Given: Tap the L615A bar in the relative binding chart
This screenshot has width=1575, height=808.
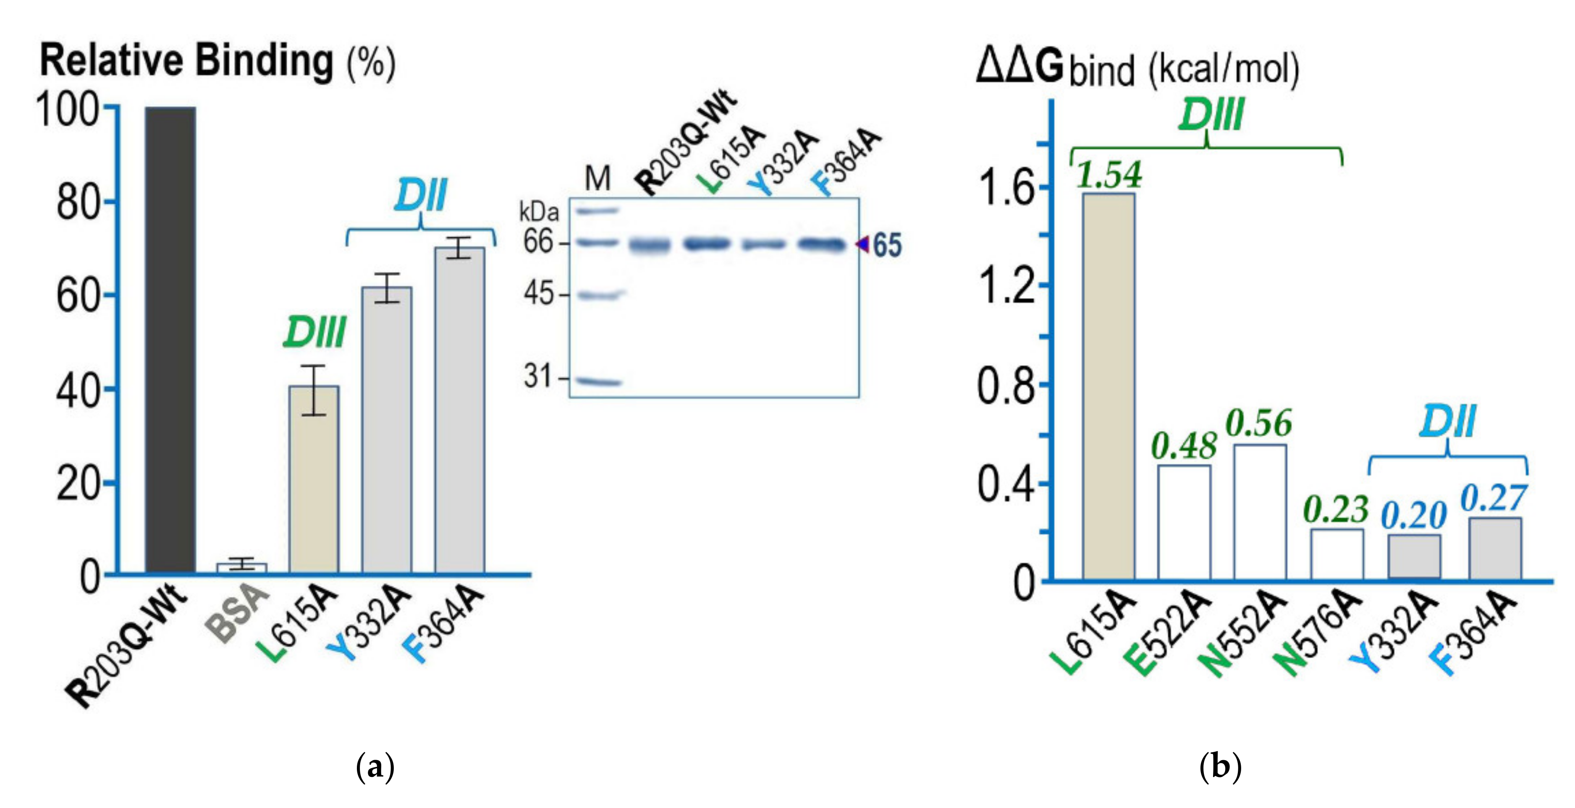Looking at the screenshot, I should coord(314,480).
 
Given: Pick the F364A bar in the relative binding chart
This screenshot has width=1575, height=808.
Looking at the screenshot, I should coord(460,410).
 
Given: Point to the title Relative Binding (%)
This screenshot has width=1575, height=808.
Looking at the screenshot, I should coord(217,62).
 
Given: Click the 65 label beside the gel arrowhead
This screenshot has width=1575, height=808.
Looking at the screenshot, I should coord(886,246).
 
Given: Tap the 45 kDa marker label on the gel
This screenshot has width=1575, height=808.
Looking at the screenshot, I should coord(538,295).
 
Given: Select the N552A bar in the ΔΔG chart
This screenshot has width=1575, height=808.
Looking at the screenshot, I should coord(1260,512).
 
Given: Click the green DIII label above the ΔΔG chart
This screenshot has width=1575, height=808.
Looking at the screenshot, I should coord(1210,115).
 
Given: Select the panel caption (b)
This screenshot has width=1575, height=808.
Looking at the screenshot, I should coord(1220,766).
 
